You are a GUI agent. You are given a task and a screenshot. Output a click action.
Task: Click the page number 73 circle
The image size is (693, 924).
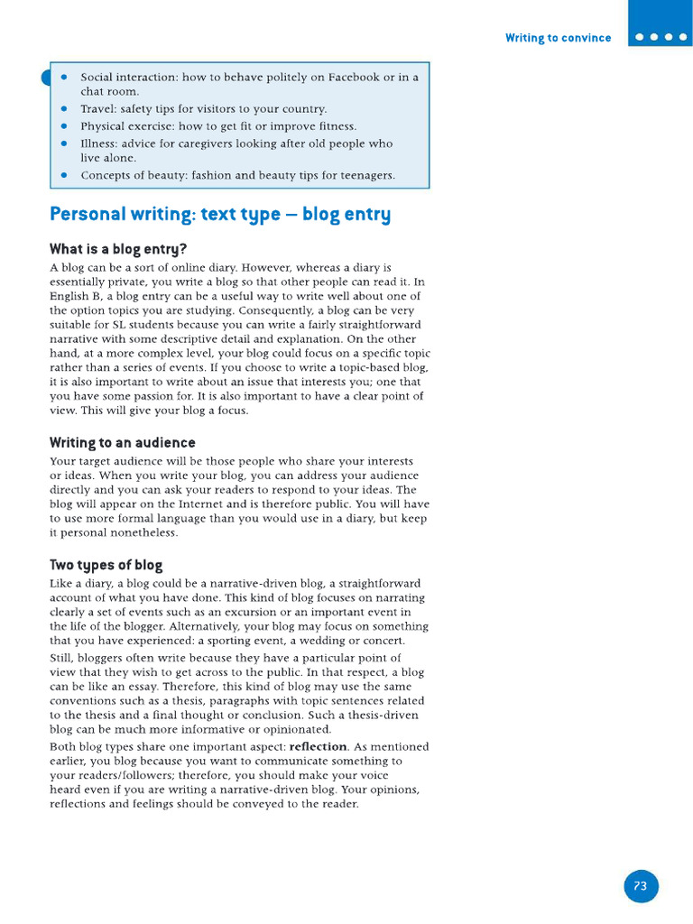point(641,886)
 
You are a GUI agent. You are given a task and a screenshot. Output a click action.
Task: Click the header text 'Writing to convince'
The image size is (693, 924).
point(558,38)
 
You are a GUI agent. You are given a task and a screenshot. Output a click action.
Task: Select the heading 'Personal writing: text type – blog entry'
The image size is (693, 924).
point(220,215)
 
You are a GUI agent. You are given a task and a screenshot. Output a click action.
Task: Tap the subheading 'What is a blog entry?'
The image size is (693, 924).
point(118,249)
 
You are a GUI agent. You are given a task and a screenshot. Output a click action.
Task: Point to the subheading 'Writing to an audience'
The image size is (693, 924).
point(122,443)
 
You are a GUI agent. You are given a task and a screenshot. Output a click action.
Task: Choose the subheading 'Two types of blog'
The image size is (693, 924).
point(106,566)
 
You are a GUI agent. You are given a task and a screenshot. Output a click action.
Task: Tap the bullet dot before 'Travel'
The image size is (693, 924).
point(64,109)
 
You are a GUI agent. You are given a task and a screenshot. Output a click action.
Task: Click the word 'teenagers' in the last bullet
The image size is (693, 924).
point(367,175)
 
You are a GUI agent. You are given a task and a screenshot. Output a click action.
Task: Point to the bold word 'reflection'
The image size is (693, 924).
point(318,747)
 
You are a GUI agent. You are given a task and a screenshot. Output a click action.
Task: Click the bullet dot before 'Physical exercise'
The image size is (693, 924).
point(64,126)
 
